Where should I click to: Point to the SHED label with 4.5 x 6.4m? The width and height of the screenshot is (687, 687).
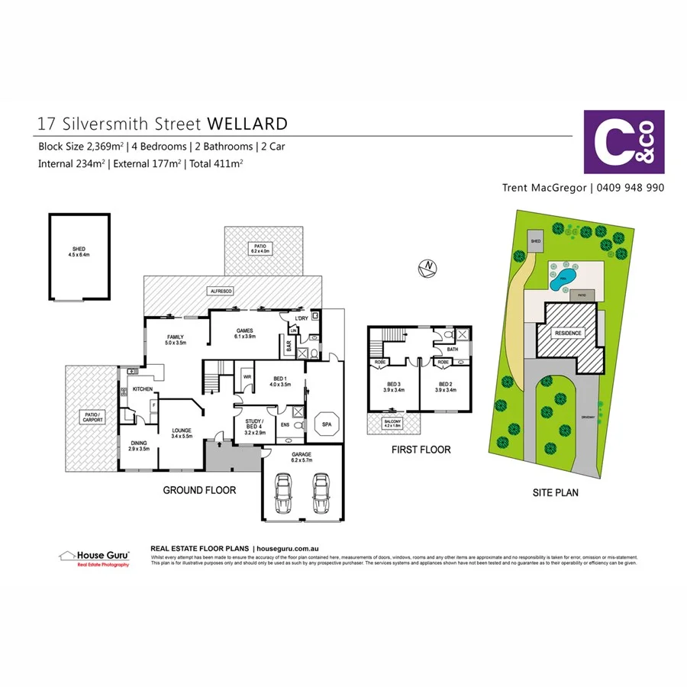click(79, 253)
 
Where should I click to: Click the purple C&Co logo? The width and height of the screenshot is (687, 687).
click(624, 142)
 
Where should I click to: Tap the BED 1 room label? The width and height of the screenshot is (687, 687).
click(280, 382)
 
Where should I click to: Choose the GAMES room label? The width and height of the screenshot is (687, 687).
click(244, 333)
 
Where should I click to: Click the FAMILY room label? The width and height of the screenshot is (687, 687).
click(176, 340)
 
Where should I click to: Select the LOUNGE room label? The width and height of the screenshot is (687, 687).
click(181, 433)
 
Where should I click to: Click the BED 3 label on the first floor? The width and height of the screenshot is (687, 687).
click(393, 387)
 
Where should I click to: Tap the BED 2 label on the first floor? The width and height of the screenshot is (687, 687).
click(445, 387)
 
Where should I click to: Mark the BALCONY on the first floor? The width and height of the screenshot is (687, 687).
click(393, 424)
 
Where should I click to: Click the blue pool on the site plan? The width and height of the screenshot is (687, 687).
click(563, 276)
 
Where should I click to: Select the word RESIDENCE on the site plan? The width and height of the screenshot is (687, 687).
click(567, 334)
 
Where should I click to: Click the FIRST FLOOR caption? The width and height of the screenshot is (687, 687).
click(421, 450)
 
